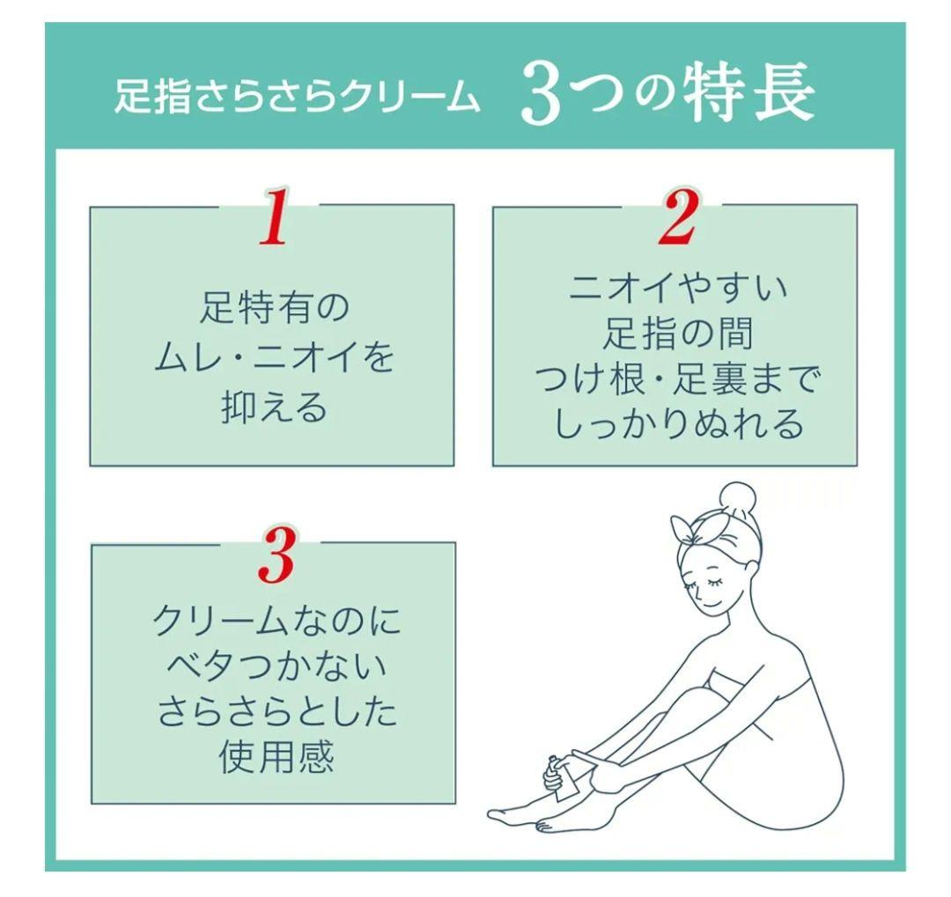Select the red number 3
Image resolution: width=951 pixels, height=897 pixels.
click(x=277, y=556)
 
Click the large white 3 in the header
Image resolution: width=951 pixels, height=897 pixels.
click(x=540, y=98)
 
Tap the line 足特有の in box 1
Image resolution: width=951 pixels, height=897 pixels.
click(x=273, y=308)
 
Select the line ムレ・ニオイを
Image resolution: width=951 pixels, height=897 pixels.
click(x=273, y=359)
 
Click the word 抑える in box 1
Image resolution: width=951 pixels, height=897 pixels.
click(x=273, y=408)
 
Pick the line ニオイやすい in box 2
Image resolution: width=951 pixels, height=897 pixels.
click(x=676, y=287)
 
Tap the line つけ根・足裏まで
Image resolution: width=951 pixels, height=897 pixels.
click(x=676, y=379)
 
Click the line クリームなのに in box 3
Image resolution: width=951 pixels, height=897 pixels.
click(x=276, y=623)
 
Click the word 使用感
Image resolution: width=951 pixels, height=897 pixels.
click(x=276, y=758)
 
